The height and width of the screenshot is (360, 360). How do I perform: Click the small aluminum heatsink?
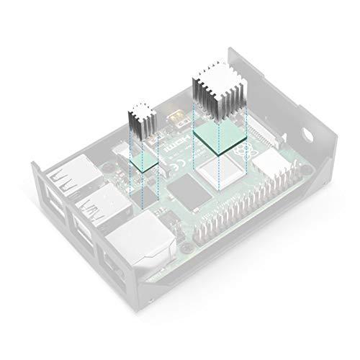tap(140, 119)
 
